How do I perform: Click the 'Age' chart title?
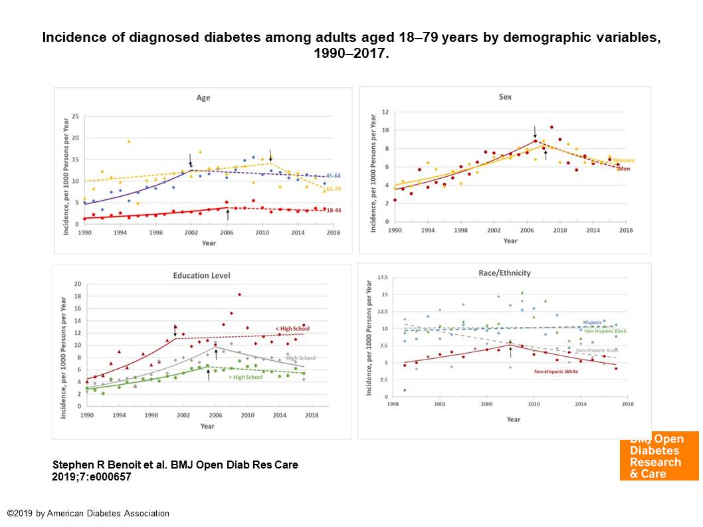203,98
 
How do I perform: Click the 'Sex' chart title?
505,97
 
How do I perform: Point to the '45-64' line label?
334,176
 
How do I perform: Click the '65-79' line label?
334,189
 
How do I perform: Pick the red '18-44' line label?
334,210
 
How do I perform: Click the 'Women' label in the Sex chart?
624,160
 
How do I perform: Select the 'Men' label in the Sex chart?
623,168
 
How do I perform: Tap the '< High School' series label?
293,328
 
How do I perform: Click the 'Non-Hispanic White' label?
556,371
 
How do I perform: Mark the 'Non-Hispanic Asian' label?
597,350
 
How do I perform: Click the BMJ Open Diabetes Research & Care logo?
658,456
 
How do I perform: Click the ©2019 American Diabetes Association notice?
88,513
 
